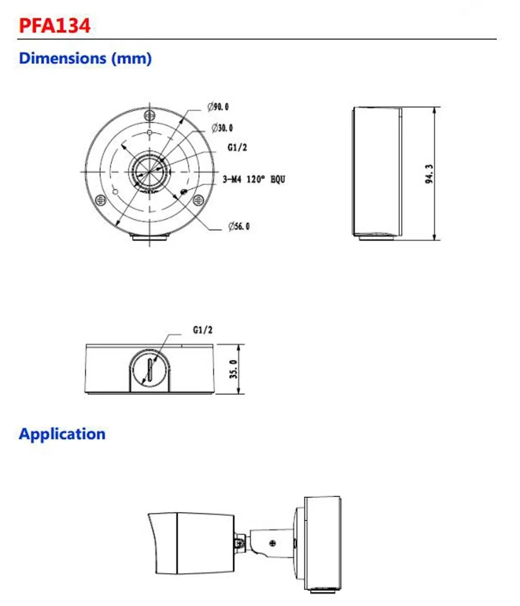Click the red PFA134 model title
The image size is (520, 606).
[x=55, y=25]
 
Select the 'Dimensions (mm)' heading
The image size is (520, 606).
[x=85, y=58]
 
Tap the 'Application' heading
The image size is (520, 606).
[x=62, y=434]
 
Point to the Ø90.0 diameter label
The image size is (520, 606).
[x=218, y=107]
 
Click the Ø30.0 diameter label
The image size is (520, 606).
[x=222, y=128]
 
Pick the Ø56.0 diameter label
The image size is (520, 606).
[x=239, y=226]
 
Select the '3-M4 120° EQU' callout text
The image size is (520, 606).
[x=254, y=180]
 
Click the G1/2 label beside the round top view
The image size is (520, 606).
[x=237, y=148]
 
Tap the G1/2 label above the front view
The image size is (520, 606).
[x=203, y=330]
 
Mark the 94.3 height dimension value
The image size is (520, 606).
[x=429, y=174]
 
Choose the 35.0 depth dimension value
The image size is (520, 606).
[x=233, y=369]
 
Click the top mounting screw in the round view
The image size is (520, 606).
[x=150, y=115]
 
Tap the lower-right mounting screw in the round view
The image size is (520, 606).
[x=198, y=200]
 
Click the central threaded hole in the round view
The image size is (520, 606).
[x=150, y=171]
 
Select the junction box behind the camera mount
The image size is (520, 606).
[x=322, y=544]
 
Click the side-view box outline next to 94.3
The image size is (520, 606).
[x=377, y=172]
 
